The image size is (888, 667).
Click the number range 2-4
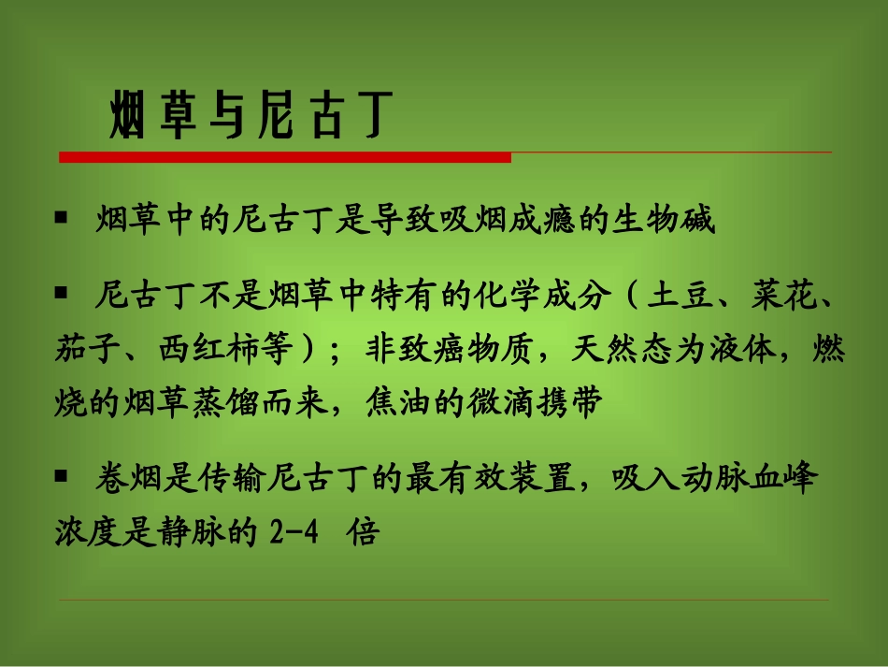[x=294, y=534]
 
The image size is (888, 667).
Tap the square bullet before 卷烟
[x=62, y=476]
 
